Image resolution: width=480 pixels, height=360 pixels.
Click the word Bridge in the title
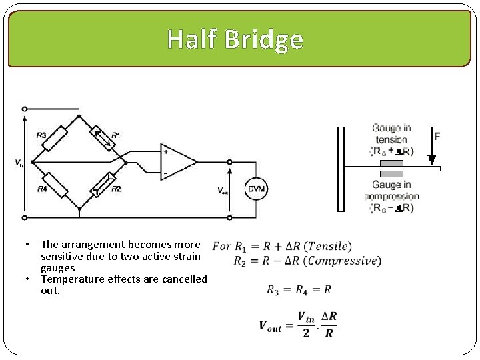point(264,39)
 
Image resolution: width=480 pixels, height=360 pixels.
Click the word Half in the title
point(193,39)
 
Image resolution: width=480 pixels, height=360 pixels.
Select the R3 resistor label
point(41,135)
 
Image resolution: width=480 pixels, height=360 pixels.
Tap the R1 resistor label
point(115,135)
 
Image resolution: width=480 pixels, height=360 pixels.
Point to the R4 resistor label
point(41,189)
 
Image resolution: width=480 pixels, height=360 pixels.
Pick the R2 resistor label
point(116,189)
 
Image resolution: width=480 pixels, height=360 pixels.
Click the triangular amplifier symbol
point(177,162)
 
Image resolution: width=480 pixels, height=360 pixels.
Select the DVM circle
point(257,189)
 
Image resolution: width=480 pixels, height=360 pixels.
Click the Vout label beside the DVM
point(223,190)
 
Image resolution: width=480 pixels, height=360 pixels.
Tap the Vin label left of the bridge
point(18,163)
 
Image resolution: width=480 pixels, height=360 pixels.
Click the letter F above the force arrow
point(437,136)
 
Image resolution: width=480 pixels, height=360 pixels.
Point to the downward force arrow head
point(432,161)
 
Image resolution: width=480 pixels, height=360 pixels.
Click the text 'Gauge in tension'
point(391,134)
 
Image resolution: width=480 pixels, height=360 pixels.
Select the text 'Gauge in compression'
point(391,191)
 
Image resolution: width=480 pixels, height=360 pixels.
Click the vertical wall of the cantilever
point(341,169)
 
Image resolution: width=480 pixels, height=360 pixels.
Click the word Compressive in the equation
point(343,261)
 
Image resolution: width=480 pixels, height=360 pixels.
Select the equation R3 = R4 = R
point(299,289)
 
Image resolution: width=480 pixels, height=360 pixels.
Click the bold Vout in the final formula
point(271,326)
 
